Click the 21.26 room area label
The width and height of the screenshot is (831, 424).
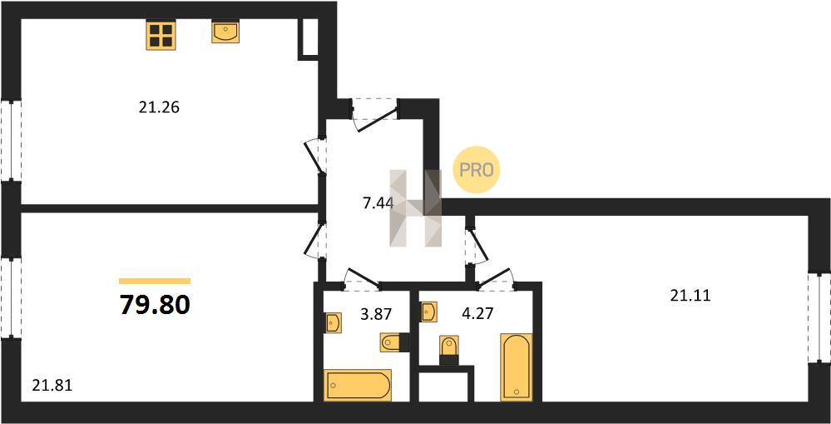coord(160,107)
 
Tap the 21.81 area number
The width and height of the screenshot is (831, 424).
coord(52,385)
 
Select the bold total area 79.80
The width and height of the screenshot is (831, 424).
coord(155,305)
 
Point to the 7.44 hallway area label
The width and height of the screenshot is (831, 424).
coord(378,202)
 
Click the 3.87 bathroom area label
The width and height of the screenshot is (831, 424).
coord(375,315)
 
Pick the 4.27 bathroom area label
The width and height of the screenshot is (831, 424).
coord(477,313)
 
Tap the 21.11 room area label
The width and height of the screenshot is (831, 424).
coord(690,296)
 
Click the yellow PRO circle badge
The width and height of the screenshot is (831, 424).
coord(476,170)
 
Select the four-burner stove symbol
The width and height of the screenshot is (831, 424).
coord(161,35)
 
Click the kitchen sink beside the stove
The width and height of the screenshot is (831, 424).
coord(225,32)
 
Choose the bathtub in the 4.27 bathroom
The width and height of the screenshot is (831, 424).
coord(517,367)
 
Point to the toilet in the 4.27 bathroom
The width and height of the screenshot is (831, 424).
coord(449,350)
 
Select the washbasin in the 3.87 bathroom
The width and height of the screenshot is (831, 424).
coord(333,323)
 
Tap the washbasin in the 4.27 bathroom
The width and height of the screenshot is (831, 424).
coord(428,312)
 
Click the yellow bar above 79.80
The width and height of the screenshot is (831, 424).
coord(155,282)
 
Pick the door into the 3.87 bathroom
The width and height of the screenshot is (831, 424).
coord(361,280)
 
